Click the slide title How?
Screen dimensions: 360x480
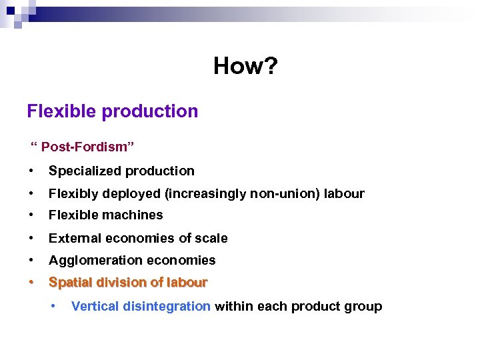click(244, 66)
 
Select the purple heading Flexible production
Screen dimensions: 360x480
click(113, 111)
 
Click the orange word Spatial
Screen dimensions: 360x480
click(69, 283)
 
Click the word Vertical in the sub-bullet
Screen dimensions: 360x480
click(95, 307)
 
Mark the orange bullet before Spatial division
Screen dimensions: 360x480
click(31, 283)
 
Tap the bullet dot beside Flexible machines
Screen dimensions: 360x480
click(31, 215)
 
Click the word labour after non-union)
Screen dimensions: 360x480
click(345, 193)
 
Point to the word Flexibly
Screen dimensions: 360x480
click(70, 193)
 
